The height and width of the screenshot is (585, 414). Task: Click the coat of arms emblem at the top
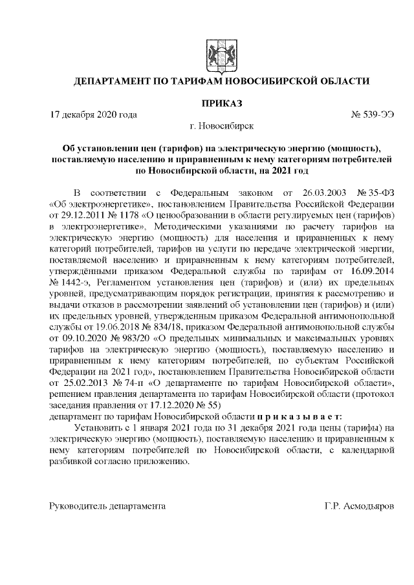(x=217, y=53)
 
